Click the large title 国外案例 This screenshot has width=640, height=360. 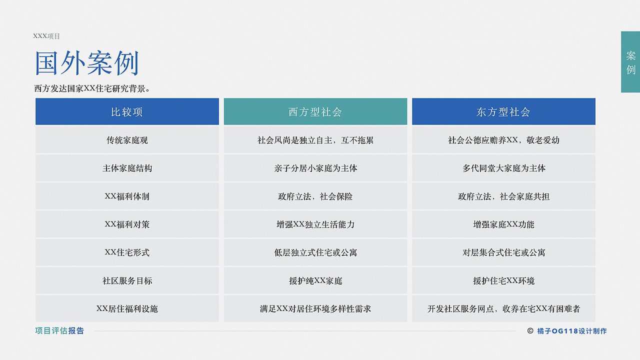pyautogui.click(x=86, y=63)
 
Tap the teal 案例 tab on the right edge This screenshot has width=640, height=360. pyautogui.click(x=630, y=62)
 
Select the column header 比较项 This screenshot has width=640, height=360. pyautogui.click(x=127, y=111)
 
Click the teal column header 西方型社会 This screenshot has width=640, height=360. pyautogui.click(x=315, y=111)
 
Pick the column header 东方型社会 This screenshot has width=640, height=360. pyautogui.click(x=503, y=111)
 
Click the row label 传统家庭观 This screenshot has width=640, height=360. pyautogui.click(x=127, y=140)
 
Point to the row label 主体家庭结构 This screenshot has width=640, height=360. pyautogui.click(x=127, y=168)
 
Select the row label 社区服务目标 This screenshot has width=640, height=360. pyautogui.click(x=127, y=280)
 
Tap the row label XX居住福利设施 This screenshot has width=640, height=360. pyautogui.click(x=127, y=308)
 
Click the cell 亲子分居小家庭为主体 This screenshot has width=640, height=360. pyautogui.click(x=315, y=168)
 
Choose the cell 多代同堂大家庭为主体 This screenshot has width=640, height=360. pyautogui.click(x=503, y=168)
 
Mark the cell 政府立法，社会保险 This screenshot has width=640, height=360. pyautogui.click(x=315, y=196)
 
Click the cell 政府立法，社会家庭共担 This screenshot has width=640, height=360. pyautogui.click(x=503, y=196)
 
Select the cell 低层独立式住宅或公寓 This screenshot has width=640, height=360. pyautogui.click(x=315, y=252)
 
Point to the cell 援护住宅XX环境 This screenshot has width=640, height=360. pyautogui.click(x=503, y=280)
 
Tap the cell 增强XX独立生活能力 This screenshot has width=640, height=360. pyautogui.click(x=315, y=224)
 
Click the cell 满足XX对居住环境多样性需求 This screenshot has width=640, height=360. pyautogui.click(x=315, y=308)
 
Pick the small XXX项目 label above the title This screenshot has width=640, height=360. pyautogui.click(x=46, y=36)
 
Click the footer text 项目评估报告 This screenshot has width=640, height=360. pyautogui.click(x=59, y=330)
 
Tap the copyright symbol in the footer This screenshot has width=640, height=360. pyautogui.click(x=530, y=331)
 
